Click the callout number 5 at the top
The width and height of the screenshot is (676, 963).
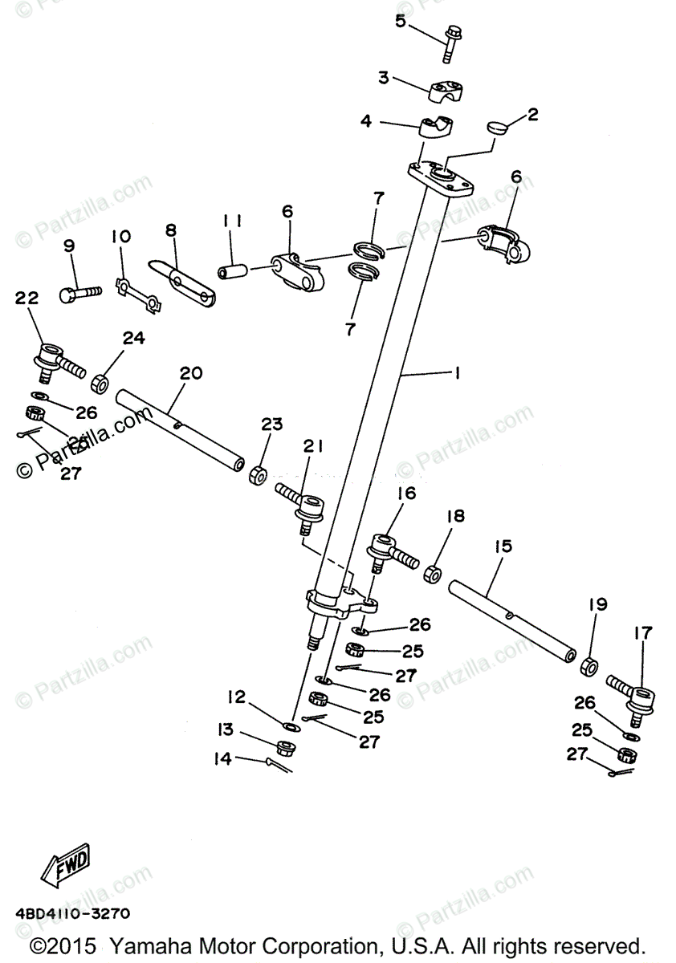401,21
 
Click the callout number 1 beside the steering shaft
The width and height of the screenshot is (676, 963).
456,373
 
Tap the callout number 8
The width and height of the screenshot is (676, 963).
170,230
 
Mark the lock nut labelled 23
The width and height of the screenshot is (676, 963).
258,474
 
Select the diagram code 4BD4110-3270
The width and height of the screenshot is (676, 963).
72,913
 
